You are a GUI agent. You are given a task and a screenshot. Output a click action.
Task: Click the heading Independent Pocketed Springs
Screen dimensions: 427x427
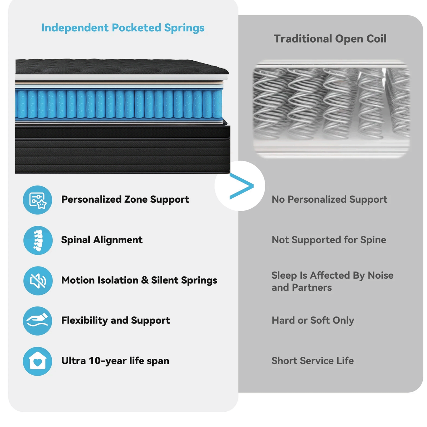point(123,28)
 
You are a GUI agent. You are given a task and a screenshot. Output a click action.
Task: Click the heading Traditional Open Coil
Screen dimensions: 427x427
point(330,39)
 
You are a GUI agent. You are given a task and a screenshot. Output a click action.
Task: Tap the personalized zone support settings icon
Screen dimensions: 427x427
point(38,200)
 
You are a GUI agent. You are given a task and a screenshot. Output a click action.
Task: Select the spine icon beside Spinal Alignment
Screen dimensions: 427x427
point(38,240)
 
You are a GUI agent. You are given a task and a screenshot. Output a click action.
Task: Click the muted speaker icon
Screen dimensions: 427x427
point(38,280)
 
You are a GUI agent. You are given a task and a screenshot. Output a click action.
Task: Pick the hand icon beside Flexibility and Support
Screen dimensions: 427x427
point(38,321)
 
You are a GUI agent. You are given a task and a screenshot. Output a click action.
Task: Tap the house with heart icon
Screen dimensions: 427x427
point(38,361)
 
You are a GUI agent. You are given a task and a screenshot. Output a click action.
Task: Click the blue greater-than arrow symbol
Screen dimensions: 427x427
point(241,186)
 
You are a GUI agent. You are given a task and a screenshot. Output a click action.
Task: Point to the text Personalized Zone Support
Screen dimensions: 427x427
point(125,200)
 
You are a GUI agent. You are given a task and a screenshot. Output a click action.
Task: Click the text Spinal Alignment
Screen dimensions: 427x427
point(102,240)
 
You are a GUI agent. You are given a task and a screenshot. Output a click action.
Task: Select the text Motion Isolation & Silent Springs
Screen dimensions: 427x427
point(139,280)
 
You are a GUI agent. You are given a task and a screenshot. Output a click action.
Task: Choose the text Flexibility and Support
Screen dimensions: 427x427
point(116,321)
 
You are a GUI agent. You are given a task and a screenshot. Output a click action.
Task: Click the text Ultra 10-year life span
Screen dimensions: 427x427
point(115,361)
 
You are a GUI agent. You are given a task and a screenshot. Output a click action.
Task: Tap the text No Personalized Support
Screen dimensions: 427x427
point(329,200)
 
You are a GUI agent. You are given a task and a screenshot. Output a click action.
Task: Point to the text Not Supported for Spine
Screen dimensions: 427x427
point(329,240)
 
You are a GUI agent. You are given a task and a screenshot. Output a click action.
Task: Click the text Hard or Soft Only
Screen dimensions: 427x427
point(313,321)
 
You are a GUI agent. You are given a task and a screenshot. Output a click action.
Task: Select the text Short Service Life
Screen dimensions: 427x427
point(312,361)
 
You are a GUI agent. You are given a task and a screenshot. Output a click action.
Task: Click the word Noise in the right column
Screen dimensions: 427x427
point(381,275)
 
